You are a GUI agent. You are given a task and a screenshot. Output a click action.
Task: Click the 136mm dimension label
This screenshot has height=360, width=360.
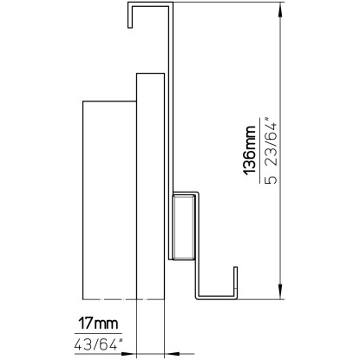pos(250,150)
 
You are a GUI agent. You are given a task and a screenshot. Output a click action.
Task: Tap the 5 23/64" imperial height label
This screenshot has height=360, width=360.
pos(271,150)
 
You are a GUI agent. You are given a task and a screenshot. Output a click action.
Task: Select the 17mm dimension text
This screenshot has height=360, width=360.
pos(99,324)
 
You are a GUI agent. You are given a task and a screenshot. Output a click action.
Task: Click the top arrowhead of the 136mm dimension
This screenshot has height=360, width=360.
pos(280,10)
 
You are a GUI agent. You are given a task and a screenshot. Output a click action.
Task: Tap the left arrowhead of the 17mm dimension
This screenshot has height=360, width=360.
pos(128,354)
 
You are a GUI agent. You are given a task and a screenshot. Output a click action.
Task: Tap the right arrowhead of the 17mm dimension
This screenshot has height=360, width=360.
pos(172,354)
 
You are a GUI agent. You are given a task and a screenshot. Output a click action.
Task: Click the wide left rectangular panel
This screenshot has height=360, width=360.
pos(109,200)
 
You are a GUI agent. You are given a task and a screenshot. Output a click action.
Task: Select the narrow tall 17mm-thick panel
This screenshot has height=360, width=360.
pos(150,187)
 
